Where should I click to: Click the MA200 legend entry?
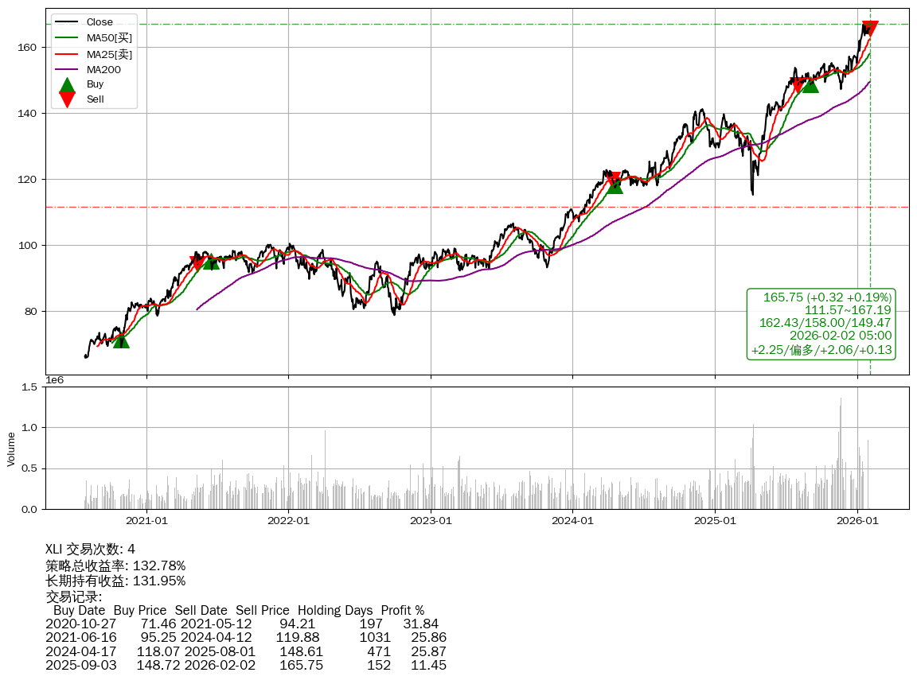[x=103, y=69]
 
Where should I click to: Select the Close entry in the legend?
[x=100, y=22]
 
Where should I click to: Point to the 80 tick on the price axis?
[x=32, y=312]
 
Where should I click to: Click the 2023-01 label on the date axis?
[x=431, y=521]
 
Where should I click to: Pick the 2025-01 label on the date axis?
[x=715, y=521]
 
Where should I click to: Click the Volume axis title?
[x=11, y=449]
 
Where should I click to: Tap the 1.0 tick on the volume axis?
[x=29, y=428]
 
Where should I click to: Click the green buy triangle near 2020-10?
[x=121, y=340]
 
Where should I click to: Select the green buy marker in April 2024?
[x=615, y=185]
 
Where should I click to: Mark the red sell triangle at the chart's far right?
[x=870, y=28]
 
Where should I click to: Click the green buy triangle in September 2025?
[x=810, y=84]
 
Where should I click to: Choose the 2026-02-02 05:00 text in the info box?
[x=840, y=336]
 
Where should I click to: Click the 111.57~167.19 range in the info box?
[x=848, y=310]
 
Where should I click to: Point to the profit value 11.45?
[x=427, y=665]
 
